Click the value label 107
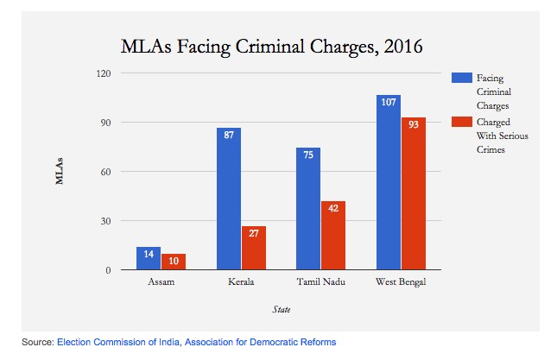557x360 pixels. click(389, 103)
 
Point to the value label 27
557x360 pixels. click(253, 234)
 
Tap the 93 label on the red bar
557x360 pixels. click(414, 125)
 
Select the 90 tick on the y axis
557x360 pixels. click(106, 123)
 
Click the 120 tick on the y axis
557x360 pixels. click(104, 73)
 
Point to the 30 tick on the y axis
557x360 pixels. click(106, 221)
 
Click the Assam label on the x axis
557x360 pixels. click(161, 282)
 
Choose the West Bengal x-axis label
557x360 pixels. click(401, 282)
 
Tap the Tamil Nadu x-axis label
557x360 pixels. click(320, 282)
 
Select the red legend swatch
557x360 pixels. click(458, 123)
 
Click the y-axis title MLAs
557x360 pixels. click(60, 171)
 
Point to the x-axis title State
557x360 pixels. click(281, 308)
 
